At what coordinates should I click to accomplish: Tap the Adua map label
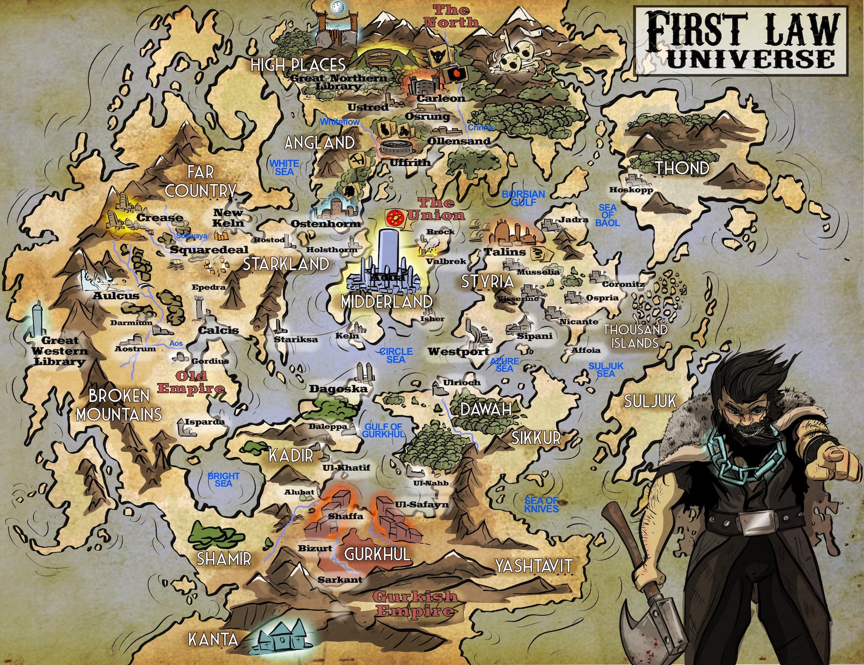tap(387, 277)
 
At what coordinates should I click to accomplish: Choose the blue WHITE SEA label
tap(284, 167)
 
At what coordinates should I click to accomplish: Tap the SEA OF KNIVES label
tap(541, 504)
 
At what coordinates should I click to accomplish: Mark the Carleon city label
tap(441, 98)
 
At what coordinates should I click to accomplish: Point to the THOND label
tap(682, 168)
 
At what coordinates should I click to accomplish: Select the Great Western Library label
tap(59, 351)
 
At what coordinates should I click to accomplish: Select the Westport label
tap(458, 352)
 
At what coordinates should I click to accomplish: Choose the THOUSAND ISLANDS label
tap(634, 336)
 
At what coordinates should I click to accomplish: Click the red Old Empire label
tap(191, 382)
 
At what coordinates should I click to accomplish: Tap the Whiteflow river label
tap(340, 122)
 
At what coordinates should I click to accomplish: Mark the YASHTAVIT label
tap(533, 565)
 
